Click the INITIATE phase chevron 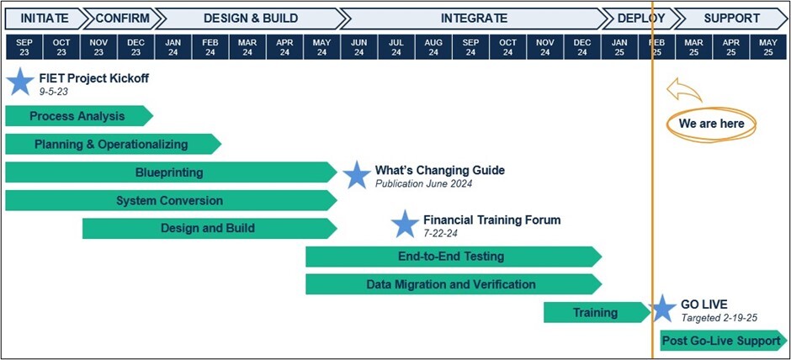pos(45,19)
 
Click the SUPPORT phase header pos(731,19)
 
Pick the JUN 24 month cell pos(358,47)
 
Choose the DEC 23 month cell pos(135,47)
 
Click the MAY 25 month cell pos(768,47)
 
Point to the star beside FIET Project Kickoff pos(21,82)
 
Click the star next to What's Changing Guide pos(357,176)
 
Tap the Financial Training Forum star pos(405,225)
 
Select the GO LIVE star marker pos(662,309)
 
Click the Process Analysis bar pos(79,116)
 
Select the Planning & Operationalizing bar pos(113,144)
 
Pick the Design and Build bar pos(210,229)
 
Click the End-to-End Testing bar pos(454,257)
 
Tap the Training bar pos(597,313)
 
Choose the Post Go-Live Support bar pos(724,341)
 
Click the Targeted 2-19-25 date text pos(719,318)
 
